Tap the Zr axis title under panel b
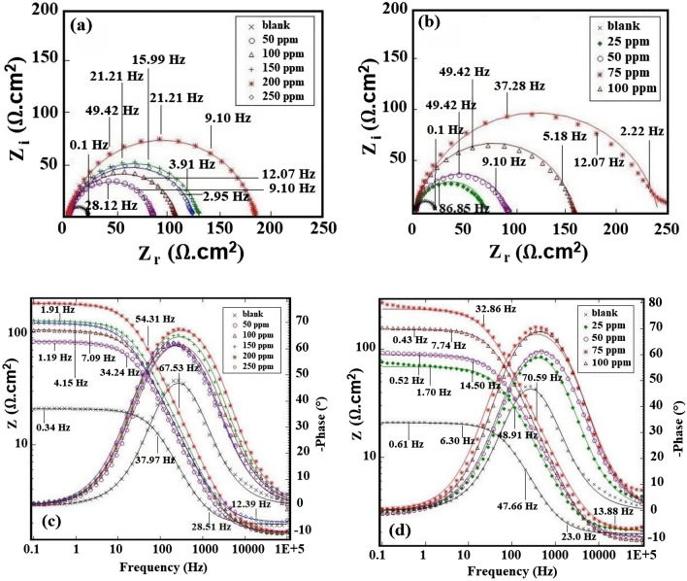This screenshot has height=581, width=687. (515, 251)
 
